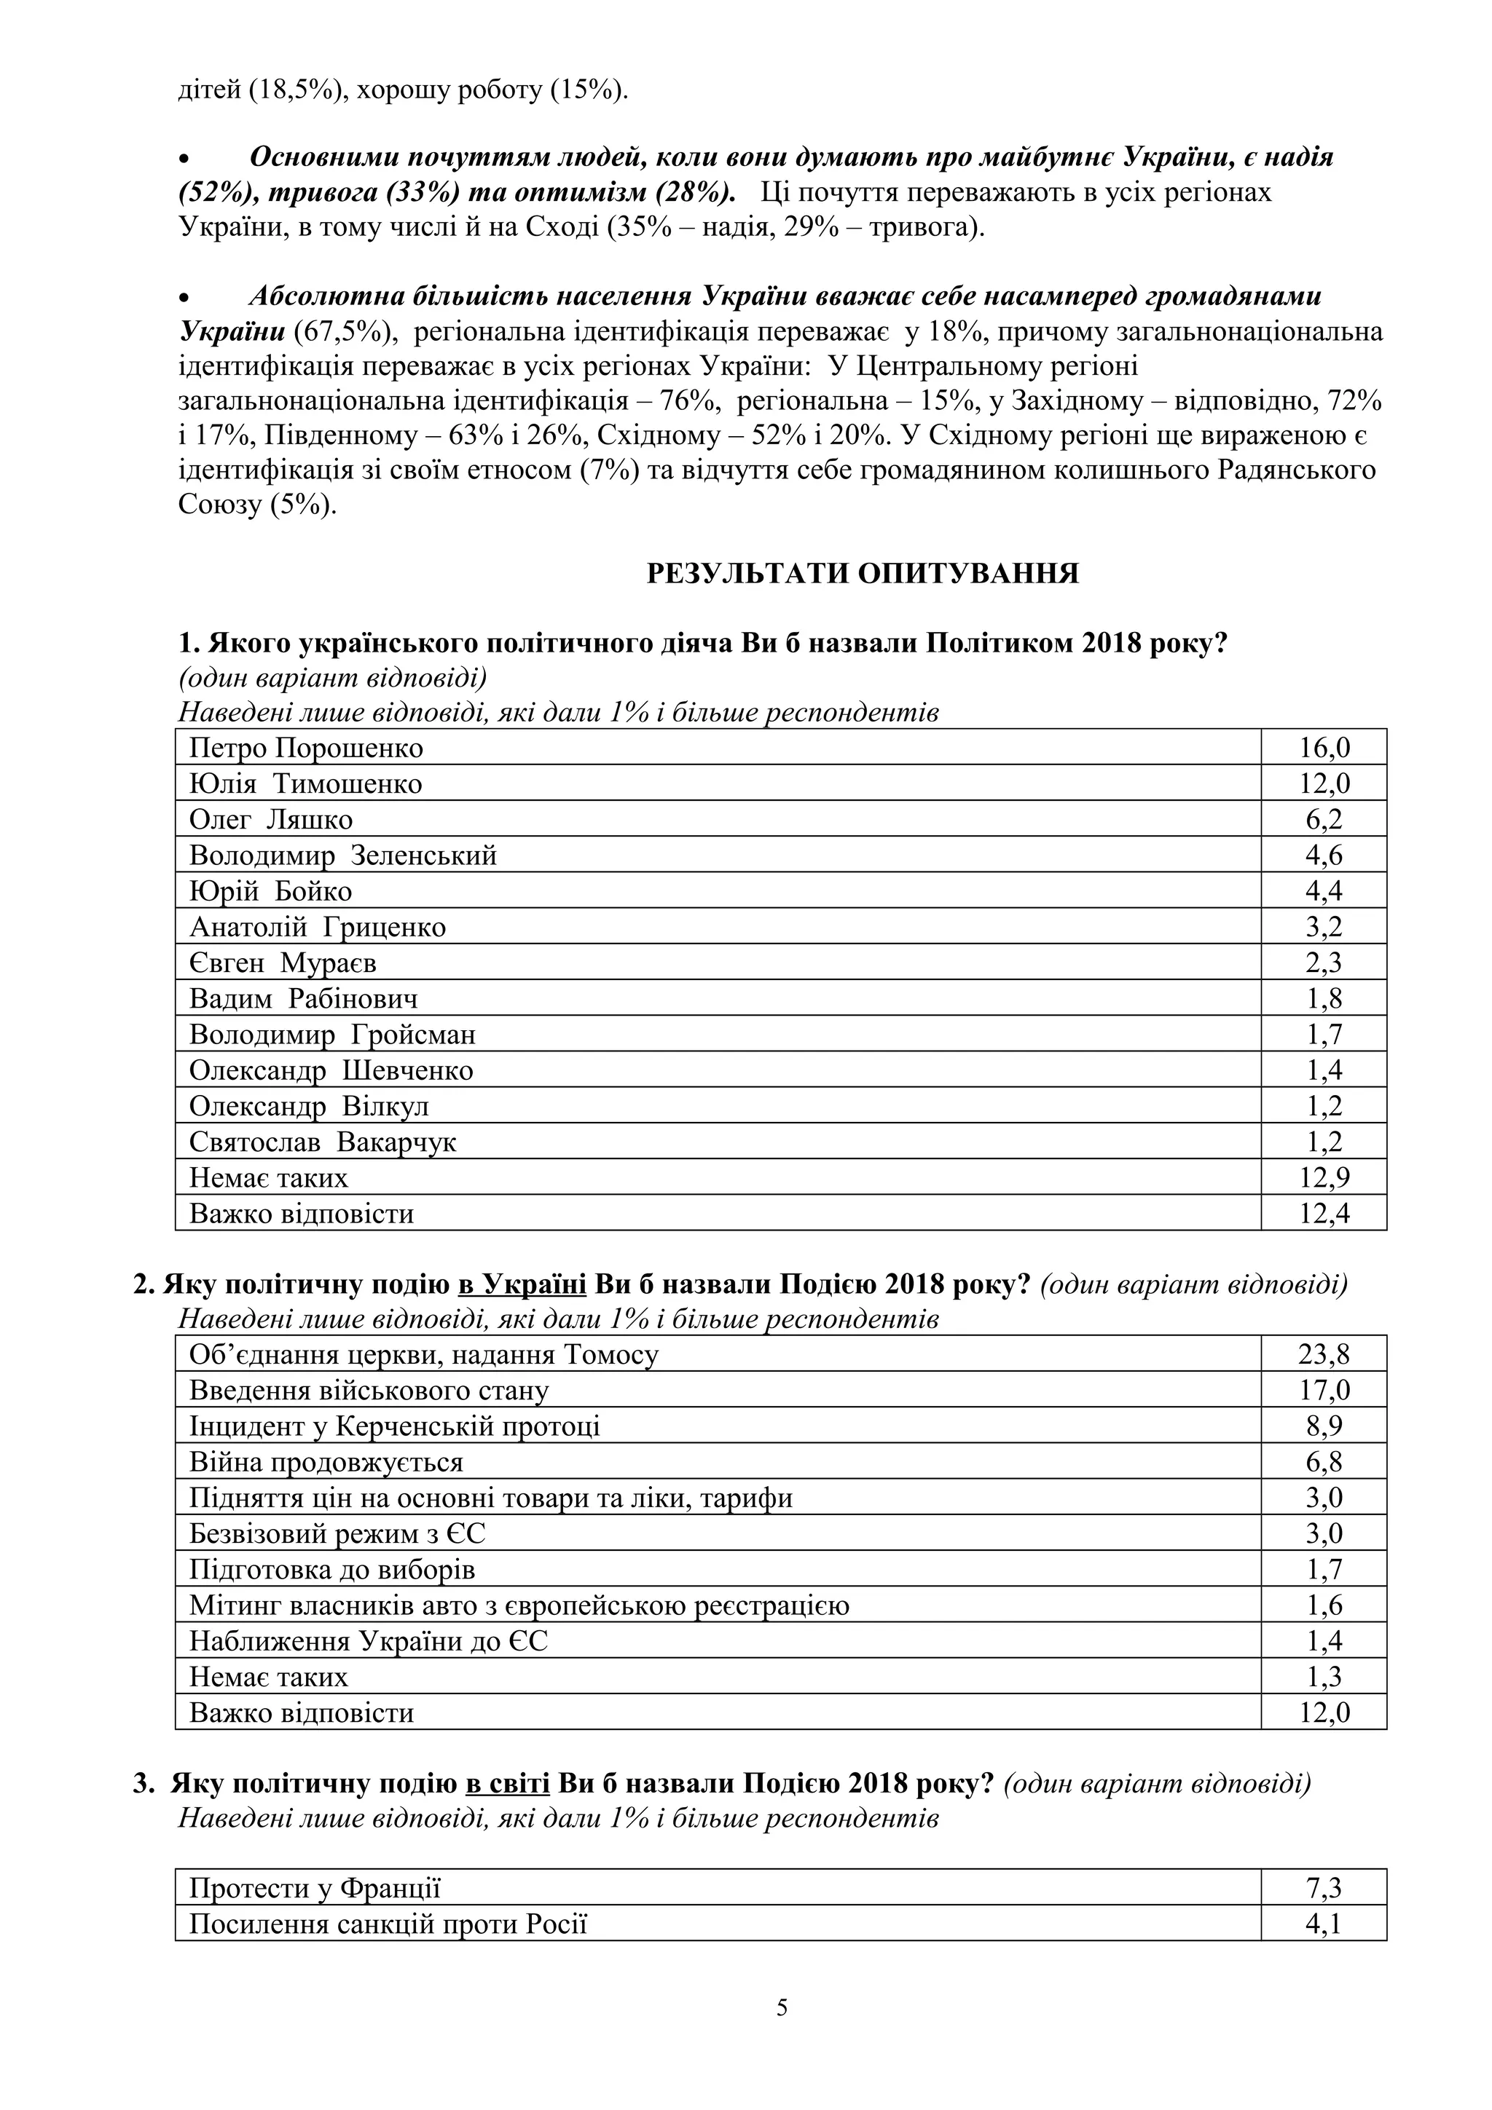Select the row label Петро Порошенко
(306, 748)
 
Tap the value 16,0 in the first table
(1324, 748)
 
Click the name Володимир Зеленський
(343, 856)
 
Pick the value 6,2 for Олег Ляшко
(1324, 820)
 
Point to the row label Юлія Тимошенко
(305, 784)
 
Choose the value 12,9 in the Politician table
(1324, 1178)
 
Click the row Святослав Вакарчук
(323, 1142)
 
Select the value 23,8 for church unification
(1324, 1354)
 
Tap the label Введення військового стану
(369, 1391)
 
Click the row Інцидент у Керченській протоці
(394, 1426)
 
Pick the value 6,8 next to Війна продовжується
(1324, 1462)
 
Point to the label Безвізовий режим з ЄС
(337, 1534)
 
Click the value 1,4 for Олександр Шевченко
(1324, 1070)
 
